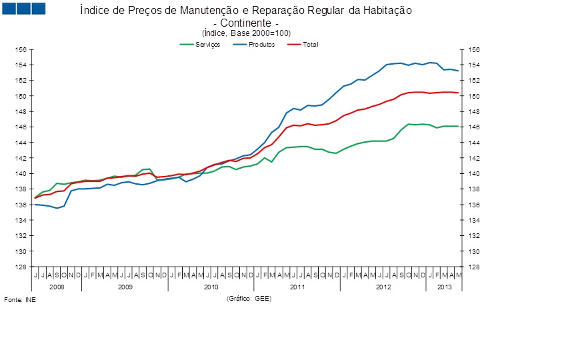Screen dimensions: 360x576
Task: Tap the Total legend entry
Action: [310, 45]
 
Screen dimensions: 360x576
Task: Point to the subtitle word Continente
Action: [245, 23]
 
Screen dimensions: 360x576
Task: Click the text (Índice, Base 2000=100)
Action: [246, 33]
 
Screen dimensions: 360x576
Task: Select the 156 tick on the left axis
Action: [21, 50]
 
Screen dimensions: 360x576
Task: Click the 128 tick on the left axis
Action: [21, 267]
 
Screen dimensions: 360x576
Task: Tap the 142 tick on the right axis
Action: [474, 159]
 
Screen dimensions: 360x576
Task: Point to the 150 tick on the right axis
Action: [474, 97]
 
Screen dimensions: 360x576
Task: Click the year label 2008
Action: [57, 287]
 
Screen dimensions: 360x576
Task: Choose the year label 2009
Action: [125, 287]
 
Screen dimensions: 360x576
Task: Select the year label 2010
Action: [211, 287]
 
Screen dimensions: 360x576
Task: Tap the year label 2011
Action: [297, 287]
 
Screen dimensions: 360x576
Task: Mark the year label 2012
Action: [383, 287]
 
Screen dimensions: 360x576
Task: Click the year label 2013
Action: [444, 287]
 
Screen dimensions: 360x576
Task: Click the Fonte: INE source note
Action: [20, 300]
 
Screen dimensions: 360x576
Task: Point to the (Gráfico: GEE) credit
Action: [249, 299]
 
